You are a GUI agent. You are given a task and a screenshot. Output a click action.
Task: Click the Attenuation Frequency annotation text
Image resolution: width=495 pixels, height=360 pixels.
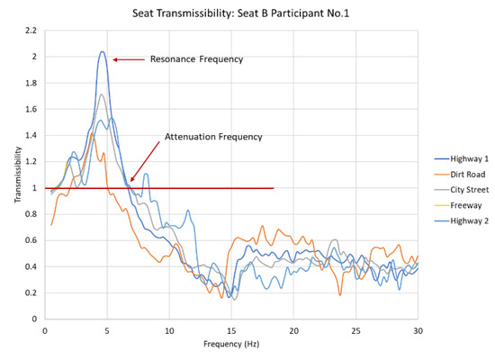point(213,137)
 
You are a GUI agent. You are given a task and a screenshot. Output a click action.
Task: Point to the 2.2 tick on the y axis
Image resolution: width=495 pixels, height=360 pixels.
point(31,31)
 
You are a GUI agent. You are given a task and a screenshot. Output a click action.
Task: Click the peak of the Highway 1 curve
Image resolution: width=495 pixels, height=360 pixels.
point(103,51)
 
